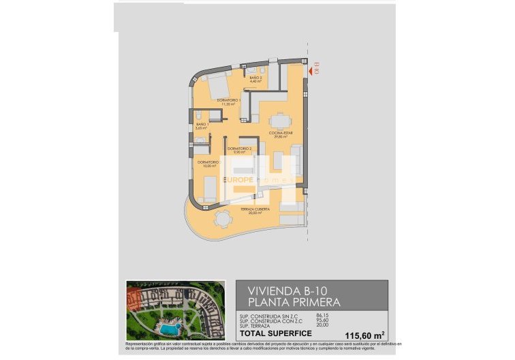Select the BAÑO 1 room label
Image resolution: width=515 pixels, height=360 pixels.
pos(201,125)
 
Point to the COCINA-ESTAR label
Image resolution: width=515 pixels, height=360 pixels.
pos(281,134)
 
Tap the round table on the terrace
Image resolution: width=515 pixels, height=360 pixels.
pos(222,220)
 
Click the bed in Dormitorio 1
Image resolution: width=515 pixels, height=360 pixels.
pos(217,89)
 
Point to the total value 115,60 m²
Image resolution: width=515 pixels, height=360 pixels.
pos(364,334)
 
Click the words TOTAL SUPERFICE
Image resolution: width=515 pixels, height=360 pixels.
pos(276,333)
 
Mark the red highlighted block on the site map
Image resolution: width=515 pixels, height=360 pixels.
pos(134,296)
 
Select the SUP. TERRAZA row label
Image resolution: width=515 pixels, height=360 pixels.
pos(253,325)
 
